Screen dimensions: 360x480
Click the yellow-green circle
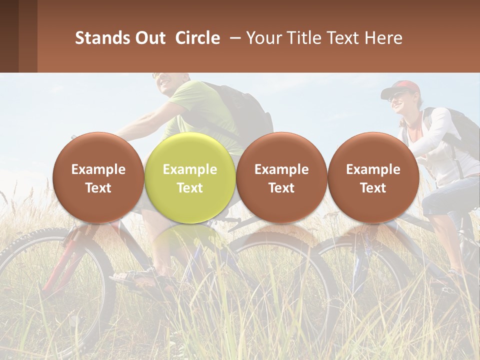tap(189, 177)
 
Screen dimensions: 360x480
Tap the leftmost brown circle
tap(98, 177)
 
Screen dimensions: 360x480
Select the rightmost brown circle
tap(373, 177)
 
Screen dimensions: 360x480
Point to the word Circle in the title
tap(197, 38)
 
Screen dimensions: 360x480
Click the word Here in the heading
tap(384, 38)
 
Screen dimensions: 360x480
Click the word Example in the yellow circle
tap(189, 169)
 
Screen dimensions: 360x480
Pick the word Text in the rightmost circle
tap(373, 188)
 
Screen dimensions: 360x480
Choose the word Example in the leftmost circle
tap(98, 169)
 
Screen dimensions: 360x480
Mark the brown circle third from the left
tap(281, 177)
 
